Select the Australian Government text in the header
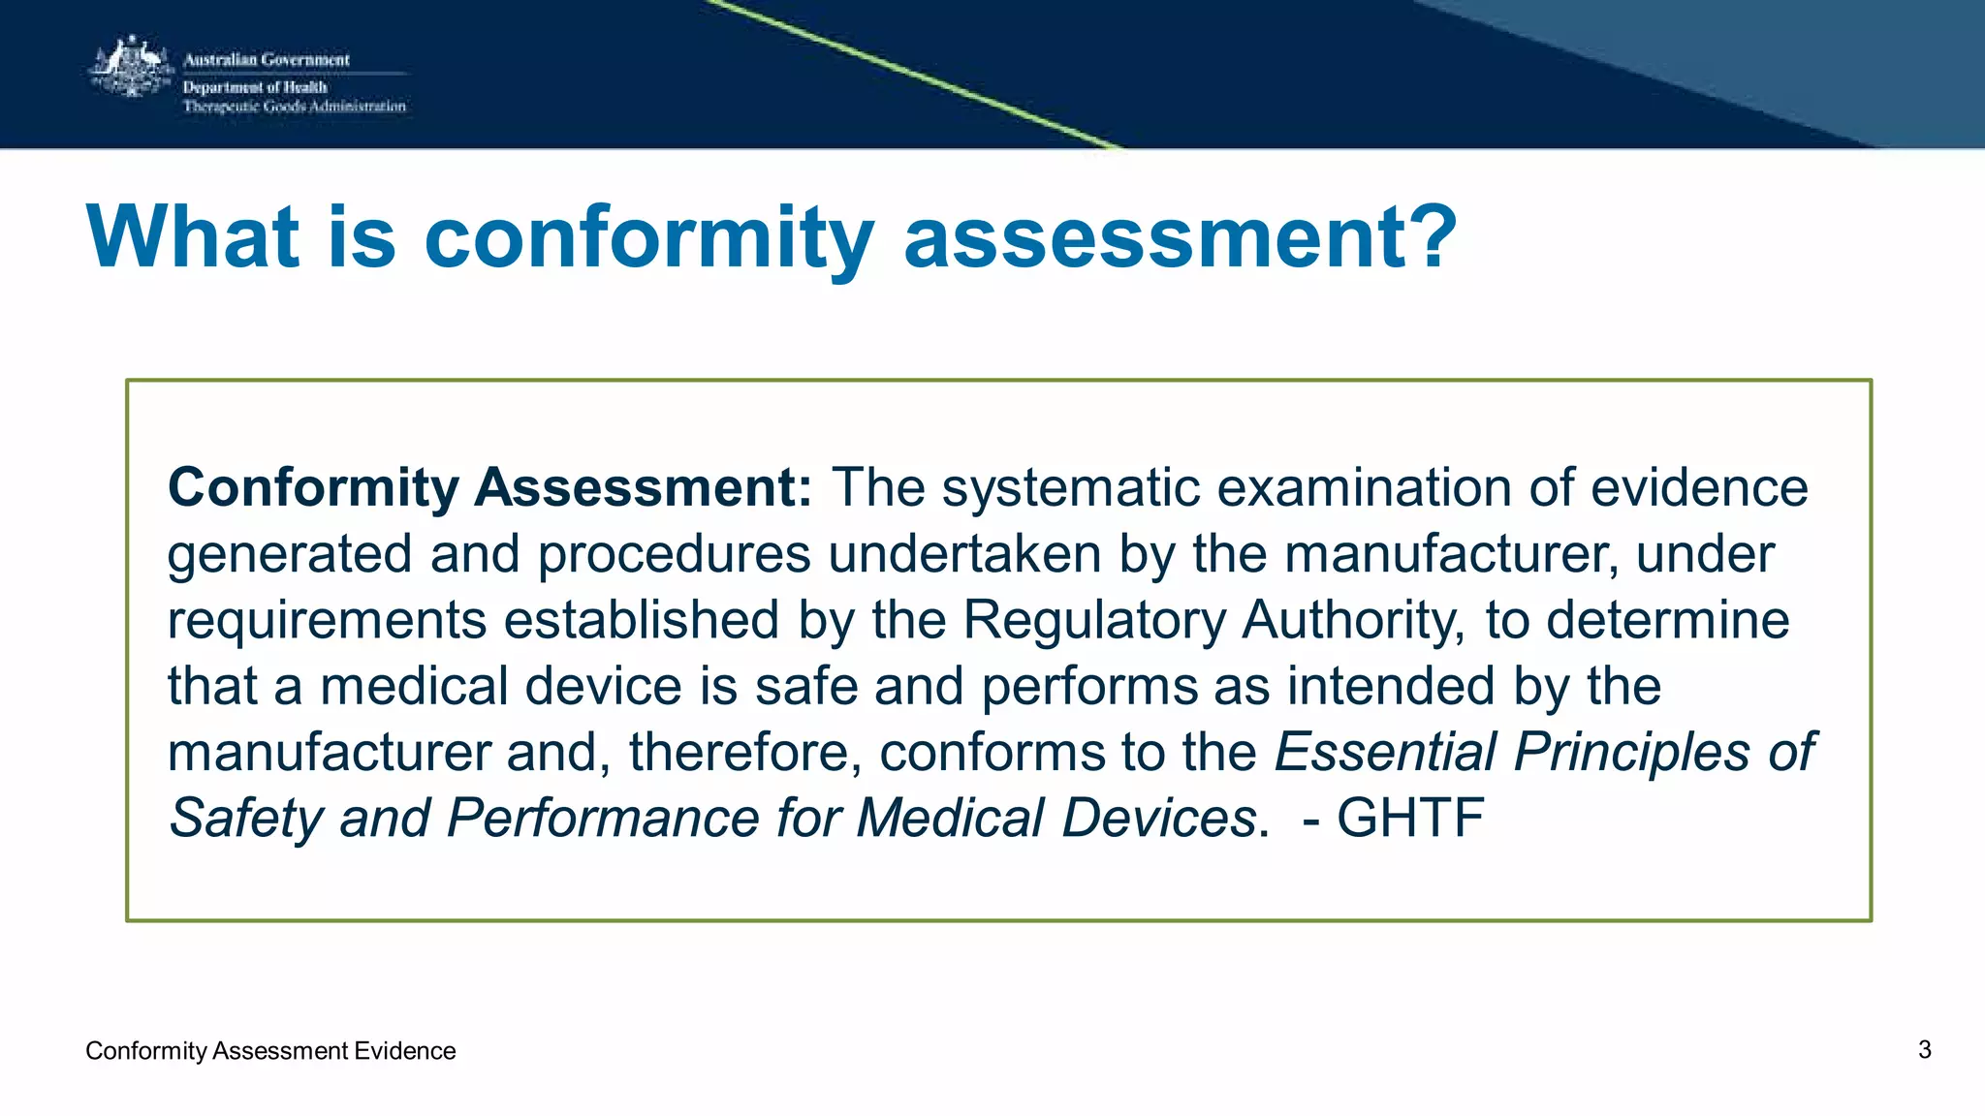click(267, 60)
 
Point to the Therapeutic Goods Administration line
click(295, 107)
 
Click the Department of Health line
click(255, 87)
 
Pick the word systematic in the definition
click(1071, 487)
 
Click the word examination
click(1365, 487)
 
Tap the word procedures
click(674, 554)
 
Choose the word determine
click(1667, 620)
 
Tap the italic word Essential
click(1386, 752)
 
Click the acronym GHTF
click(1410, 818)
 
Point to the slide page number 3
click(1925, 1050)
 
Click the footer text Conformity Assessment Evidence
click(270, 1051)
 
